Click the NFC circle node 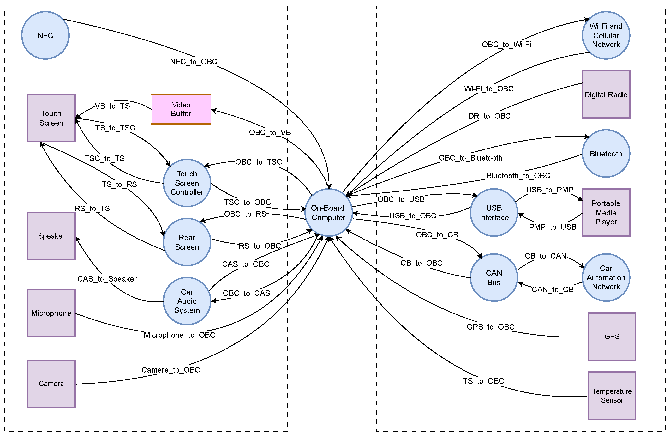pyautogui.click(x=45, y=35)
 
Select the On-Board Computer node pyautogui.click(x=328, y=213)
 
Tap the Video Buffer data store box pyautogui.click(x=181, y=109)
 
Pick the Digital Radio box pyautogui.click(x=606, y=95)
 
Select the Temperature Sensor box pyautogui.click(x=612, y=396)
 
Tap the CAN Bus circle pyautogui.click(x=494, y=278)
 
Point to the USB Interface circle pyautogui.click(x=494, y=213)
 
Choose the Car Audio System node pyautogui.click(x=187, y=301)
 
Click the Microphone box pyautogui.click(x=51, y=313)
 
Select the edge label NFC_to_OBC pyautogui.click(x=194, y=62)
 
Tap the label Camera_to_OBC pyautogui.click(x=171, y=370)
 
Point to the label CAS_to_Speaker pyautogui.click(x=107, y=279)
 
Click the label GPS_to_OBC pyautogui.click(x=490, y=327)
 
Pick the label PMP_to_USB pyautogui.click(x=552, y=227)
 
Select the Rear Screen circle pyautogui.click(x=187, y=242)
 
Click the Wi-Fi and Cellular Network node pyautogui.click(x=606, y=35)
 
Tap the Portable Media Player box pyautogui.click(x=606, y=213)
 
